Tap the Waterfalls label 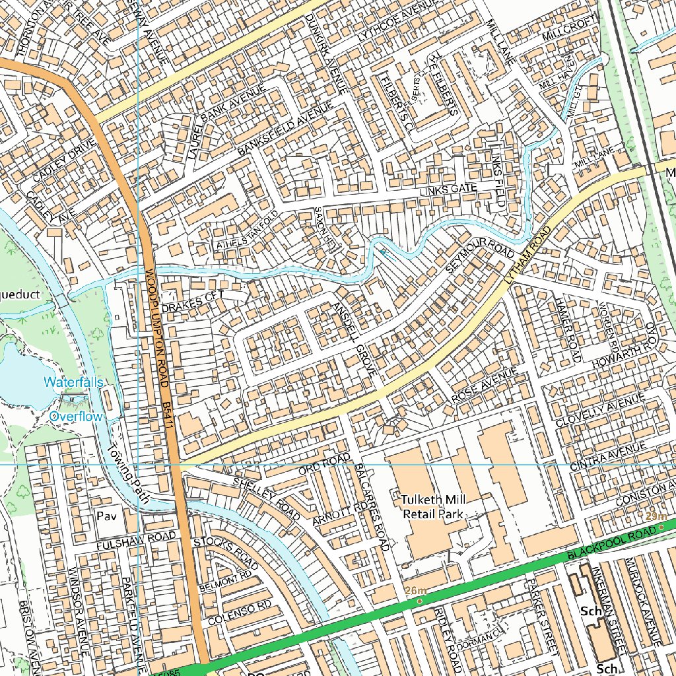[x=73, y=382]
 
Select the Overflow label [x=76, y=417]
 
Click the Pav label [x=106, y=516]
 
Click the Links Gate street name [x=448, y=190]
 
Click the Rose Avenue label [x=485, y=386]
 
